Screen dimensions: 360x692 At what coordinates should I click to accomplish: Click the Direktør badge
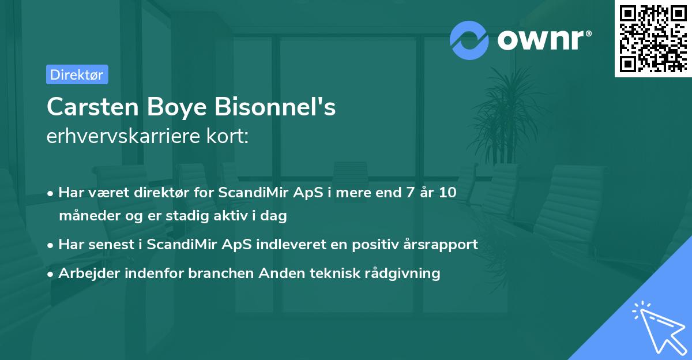(77, 74)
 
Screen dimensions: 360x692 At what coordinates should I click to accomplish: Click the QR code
(653, 39)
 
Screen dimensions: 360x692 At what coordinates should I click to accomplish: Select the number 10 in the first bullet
(446, 193)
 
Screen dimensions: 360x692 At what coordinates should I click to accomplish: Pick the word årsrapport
(443, 244)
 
